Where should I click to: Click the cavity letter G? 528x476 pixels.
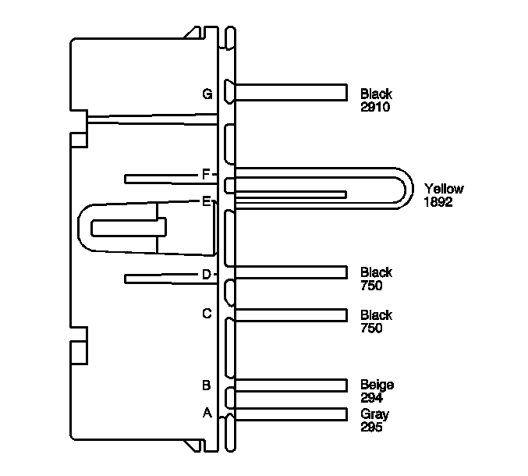tap(207, 94)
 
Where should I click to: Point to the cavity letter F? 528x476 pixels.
tap(206, 174)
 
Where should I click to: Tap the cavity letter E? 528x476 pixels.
tap(206, 201)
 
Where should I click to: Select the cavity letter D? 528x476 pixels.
tap(207, 274)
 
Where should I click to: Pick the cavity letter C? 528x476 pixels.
tap(207, 314)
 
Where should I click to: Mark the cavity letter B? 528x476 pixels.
tap(207, 385)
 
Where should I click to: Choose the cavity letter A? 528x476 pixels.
tap(207, 412)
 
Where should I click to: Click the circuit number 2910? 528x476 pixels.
tap(375, 107)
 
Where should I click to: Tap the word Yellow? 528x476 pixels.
tap(444, 189)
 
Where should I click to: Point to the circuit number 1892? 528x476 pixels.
tap(438, 202)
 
